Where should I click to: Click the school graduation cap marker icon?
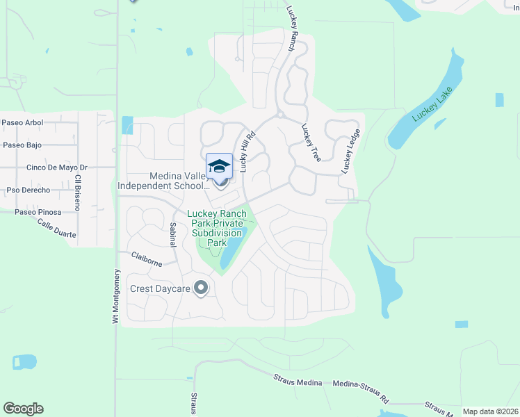click(219, 167)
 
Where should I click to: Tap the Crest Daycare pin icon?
click(201, 287)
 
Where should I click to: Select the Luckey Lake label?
click(432, 104)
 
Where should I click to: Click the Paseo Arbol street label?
click(22, 123)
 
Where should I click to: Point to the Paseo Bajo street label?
click(22, 145)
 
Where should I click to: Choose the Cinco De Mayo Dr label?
click(56, 167)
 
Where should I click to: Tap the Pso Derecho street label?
click(28, 190)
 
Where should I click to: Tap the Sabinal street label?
click(172, 234)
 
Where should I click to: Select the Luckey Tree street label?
click(310, 143)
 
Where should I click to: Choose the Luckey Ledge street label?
click(350, 152)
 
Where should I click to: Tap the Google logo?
click(23, 409)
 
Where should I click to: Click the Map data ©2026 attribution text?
click(491, 411)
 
